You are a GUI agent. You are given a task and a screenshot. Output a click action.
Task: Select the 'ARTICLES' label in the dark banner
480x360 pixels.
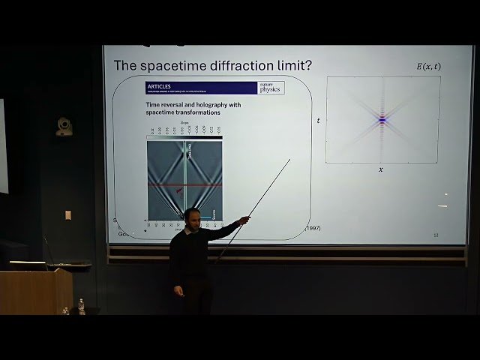click(x=160, y=87)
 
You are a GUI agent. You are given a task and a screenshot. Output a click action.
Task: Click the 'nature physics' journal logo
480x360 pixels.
click(x=270, y=88)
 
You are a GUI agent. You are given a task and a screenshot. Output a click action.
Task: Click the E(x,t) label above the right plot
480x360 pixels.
click(x=428, y=67)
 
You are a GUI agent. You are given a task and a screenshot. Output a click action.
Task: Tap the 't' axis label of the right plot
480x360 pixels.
click(x=319, y=120)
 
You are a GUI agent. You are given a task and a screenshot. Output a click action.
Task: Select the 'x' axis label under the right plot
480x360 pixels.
click(x=381, y=169)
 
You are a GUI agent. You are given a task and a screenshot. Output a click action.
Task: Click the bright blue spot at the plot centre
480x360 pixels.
click(x=382, y=119)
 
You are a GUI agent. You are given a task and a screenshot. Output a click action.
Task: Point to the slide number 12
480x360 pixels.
click(x=436, y=235)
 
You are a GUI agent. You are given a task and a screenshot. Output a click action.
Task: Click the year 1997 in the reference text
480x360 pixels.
click(x=311, y=227)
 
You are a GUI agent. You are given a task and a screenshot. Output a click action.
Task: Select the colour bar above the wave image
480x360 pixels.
click(x=184, y=138)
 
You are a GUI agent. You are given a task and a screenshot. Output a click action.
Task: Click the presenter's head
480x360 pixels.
click(x=192, y=219)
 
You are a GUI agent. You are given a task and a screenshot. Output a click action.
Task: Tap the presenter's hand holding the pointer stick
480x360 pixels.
click(x=244, y=220)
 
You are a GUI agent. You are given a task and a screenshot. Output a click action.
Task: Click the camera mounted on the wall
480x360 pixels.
click(x=64, y=127)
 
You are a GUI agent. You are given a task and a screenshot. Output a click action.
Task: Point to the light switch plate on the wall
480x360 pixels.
click(x=68, y=215)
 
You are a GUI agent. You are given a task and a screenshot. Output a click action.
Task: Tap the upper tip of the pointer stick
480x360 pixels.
click(x=289, y=159)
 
